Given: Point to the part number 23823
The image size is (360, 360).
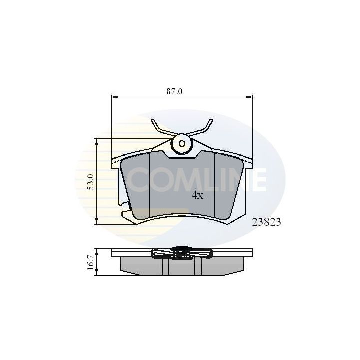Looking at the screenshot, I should point(266,223).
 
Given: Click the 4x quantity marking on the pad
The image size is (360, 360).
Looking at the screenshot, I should point(197,196).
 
